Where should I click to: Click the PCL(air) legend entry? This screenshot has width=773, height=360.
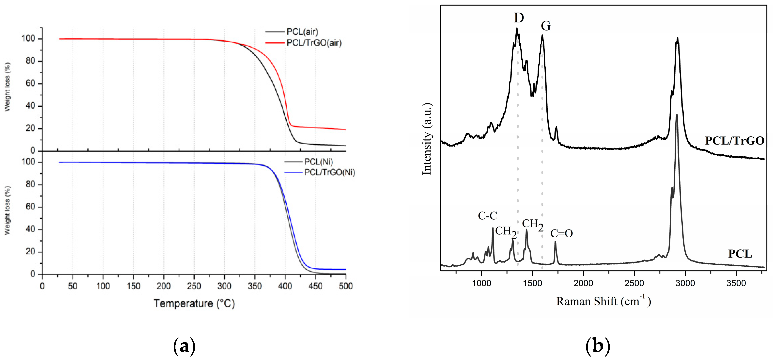click(x=302, y=32)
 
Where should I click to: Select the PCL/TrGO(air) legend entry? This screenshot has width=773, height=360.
click(x=314, y=43)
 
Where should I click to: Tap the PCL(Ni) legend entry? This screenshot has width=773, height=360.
click(x=318, y=162)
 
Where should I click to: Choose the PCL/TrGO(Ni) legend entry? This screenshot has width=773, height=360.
click(x=329, y=173)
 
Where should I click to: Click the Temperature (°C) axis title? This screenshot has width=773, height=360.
click(x=194, y=304)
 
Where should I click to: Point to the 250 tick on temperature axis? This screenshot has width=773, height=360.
click(x=194, y=286)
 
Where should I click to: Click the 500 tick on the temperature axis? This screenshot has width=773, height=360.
click(x=346, y=286)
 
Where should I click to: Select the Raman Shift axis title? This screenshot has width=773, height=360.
click(x=603, y=301)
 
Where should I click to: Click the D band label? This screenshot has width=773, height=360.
click(x=519, y=18)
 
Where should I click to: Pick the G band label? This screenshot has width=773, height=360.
click(x=545, y=26)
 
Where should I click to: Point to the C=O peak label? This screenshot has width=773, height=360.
click(x=561, y=233)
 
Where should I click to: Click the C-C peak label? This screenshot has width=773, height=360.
click(x=487, y=215)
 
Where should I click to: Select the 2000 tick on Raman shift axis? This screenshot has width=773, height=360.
click(x=583, y=283)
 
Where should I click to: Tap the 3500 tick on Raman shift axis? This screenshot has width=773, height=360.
click(x=736, y=283)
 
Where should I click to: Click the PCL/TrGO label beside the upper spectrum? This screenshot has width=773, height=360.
click(x=734, y=141)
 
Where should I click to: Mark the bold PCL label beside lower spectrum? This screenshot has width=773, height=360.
click(x=740, y=254)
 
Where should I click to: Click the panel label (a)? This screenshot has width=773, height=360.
click(x=184, y=346)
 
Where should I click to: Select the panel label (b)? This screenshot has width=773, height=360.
click(x=597, y=346)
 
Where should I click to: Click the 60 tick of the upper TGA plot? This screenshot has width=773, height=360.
click(x=30, y=83)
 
